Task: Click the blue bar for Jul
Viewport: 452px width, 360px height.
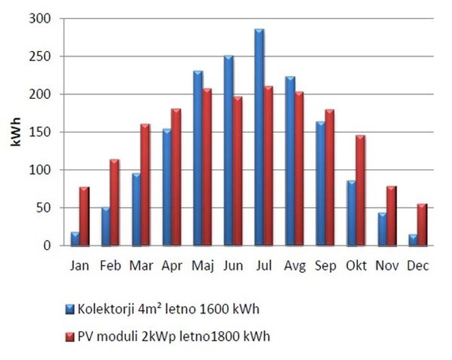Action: (x=259, y=137)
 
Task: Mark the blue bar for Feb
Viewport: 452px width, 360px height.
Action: (x=105, y=226)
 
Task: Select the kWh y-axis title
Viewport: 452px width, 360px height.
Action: (x=15, y=132)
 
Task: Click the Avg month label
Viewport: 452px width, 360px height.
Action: (x=295, y=266)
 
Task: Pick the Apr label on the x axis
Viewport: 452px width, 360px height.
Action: (x=172, y=266)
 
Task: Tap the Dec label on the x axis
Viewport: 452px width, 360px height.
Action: (x=418, y=266)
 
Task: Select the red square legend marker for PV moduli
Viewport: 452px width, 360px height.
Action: (x=70, y=336)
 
